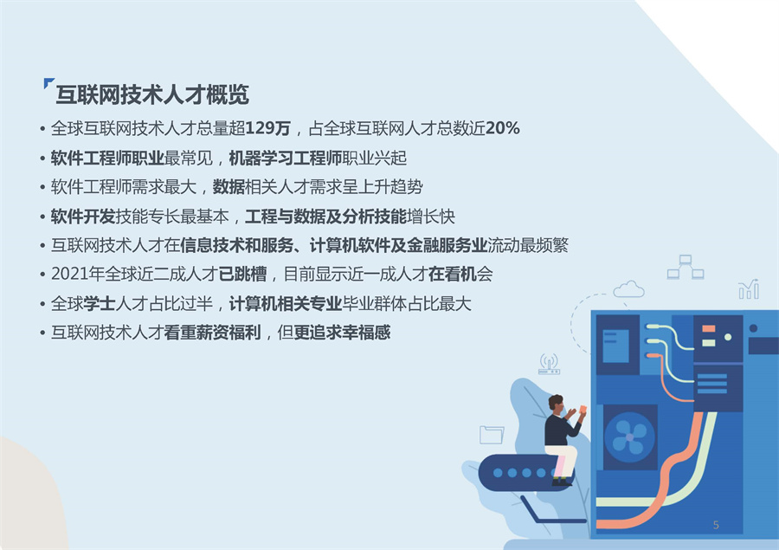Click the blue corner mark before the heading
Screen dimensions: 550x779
click(48, 84)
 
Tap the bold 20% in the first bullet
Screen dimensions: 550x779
click(502, 129)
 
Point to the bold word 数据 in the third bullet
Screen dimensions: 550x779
click(229, 187)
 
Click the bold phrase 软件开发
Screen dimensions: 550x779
click(80, 217)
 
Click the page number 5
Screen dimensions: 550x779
click(716, 525)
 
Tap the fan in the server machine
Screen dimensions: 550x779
click(629, 436)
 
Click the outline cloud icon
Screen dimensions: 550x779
click(628, 288)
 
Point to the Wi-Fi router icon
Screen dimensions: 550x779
click(549, 364)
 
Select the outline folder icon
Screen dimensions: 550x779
click(492, 434)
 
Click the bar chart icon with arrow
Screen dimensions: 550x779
click(749, 289)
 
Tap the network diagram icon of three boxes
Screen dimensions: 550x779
click(685, 267)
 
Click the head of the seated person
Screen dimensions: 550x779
click(556, 404)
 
